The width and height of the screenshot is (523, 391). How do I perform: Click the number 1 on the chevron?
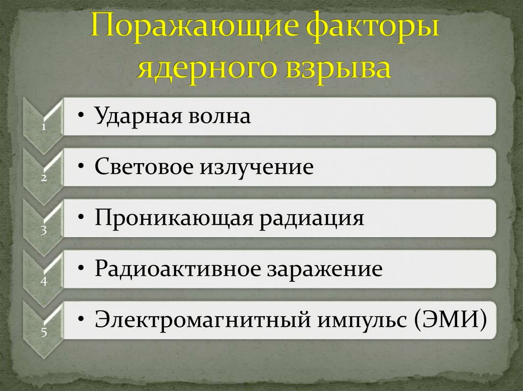pos(44,128)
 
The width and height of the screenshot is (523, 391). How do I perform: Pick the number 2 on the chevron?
pos(44,179)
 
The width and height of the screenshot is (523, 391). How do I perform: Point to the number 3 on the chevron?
pos(44,230)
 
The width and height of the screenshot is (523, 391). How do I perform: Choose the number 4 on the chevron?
pos(44,281)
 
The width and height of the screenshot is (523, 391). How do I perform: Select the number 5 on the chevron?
pos(44,333)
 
